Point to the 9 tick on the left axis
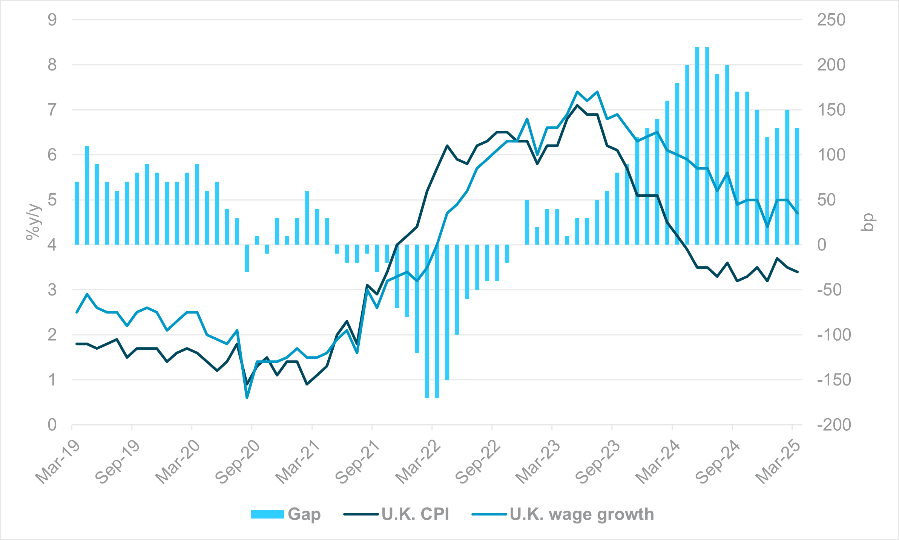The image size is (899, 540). (52, 20)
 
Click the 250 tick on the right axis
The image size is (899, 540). (831, 20)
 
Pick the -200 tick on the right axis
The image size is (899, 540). (834, 425)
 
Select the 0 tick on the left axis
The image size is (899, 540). (52, 425)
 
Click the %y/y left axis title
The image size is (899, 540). (33, 222)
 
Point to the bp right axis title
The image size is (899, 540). (868, 222)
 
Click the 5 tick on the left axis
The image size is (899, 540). (52, 200)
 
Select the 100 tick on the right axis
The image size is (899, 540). (831, 155)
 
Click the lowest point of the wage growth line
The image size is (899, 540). (247, 398)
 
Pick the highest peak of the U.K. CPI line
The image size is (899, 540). (577, 105)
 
